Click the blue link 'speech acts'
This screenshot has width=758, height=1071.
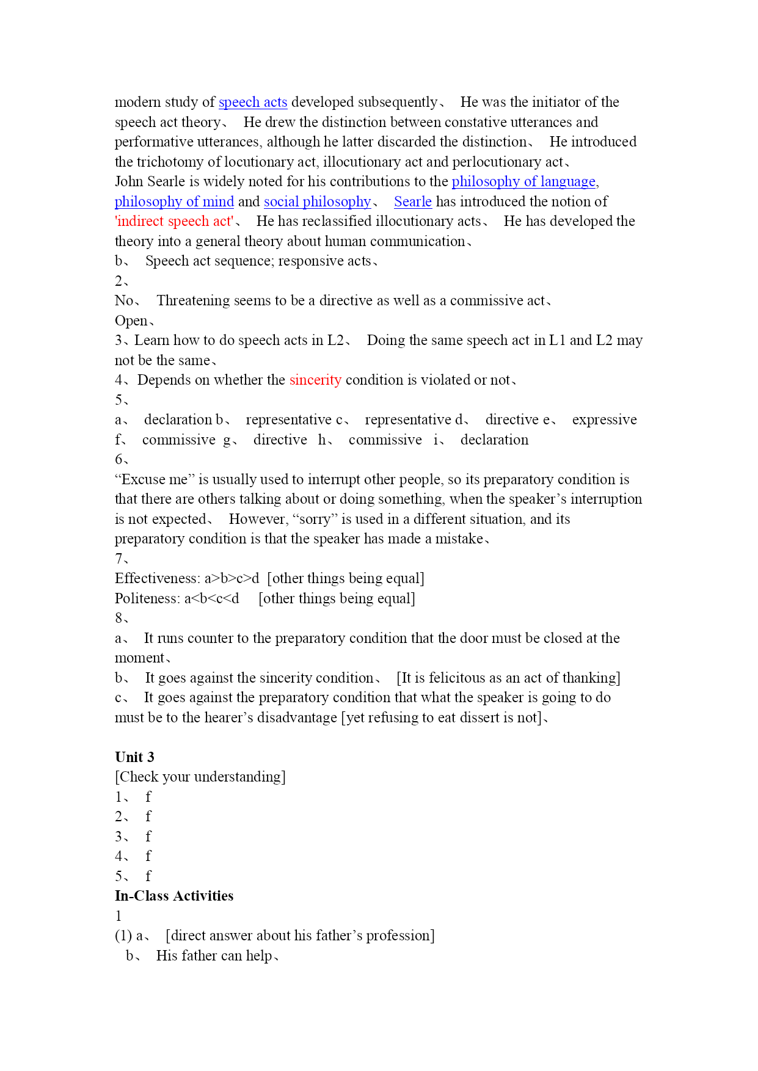click(x=253, y=102)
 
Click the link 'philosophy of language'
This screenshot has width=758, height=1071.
click(x=523, y=181)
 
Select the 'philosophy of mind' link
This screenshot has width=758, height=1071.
click(x=174, y=201)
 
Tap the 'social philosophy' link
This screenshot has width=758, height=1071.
click(x=317, y=201)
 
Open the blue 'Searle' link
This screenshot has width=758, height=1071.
click(x=413, y=201)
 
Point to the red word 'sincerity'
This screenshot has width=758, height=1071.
click(x=315, y=380)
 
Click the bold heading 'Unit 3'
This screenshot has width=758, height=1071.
click(x=134, y=757)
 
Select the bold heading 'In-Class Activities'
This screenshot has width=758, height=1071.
click(x=174, y=896)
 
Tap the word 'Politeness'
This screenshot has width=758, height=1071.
click(x=147, y=598)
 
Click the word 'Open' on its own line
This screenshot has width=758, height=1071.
click(x=131, y=321)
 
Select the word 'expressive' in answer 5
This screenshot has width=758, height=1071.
click(x=604, y=419)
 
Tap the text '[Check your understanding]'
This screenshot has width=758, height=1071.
click(x=200, y=777)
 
